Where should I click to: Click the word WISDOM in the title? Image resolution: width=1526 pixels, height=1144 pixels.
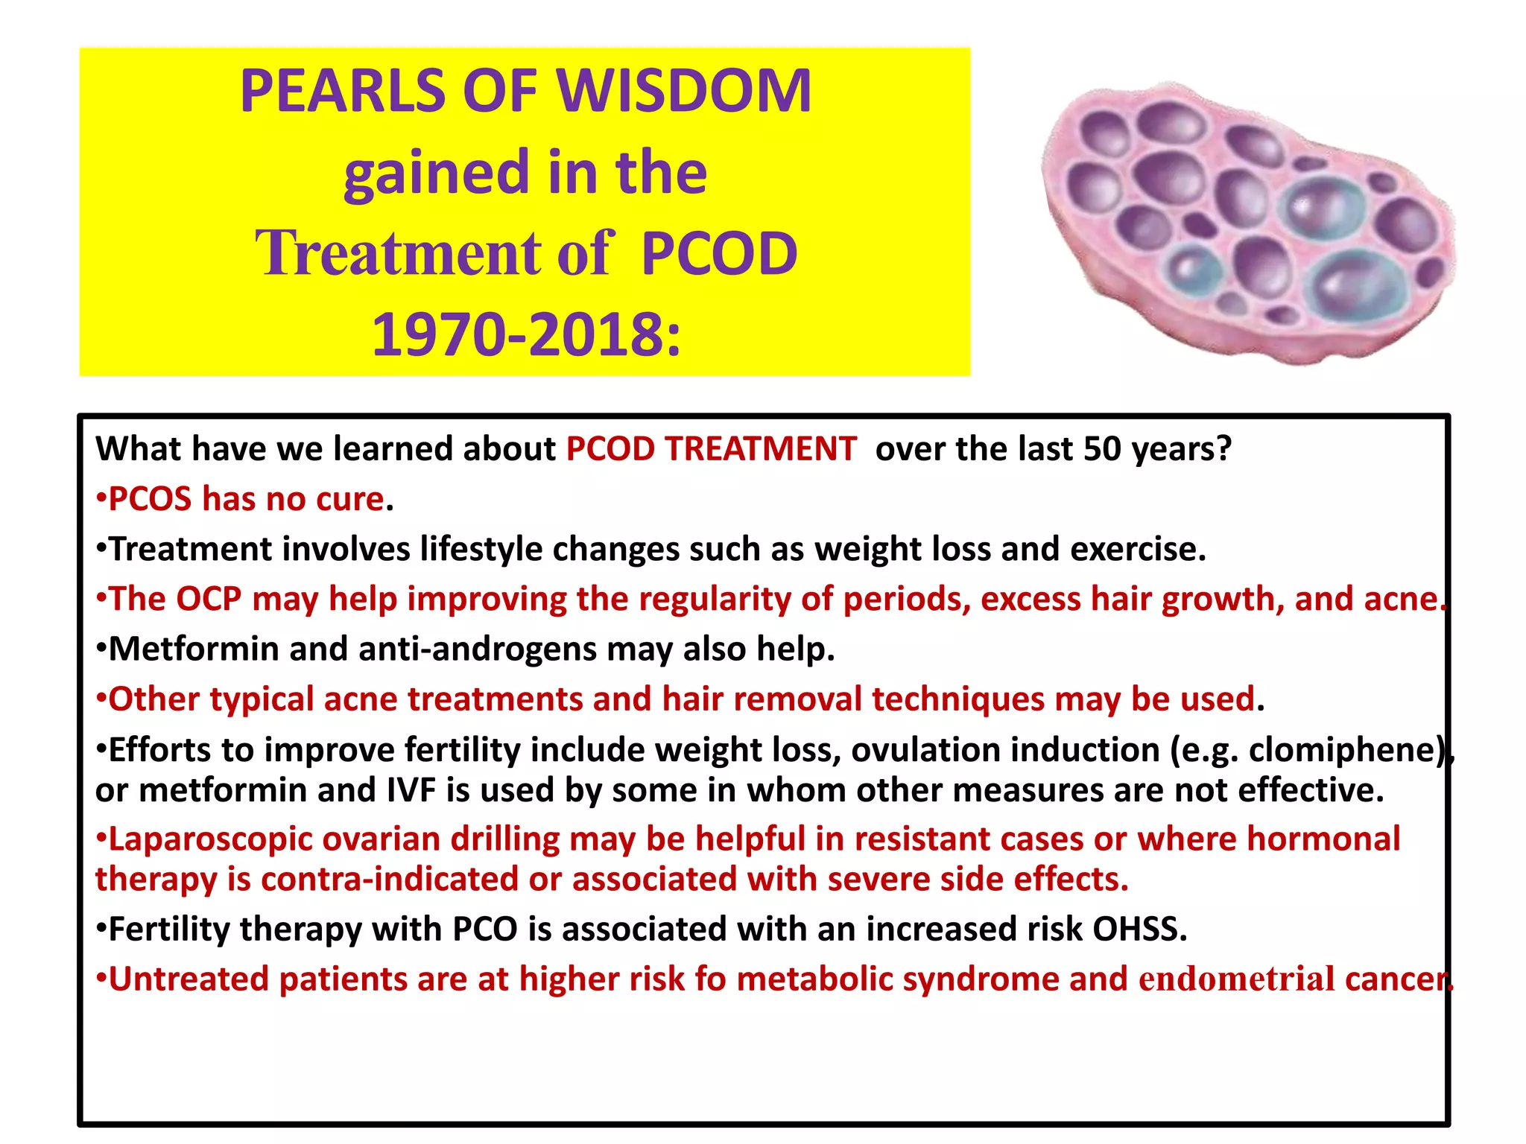684,91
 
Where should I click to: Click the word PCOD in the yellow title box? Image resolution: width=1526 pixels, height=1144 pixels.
719,253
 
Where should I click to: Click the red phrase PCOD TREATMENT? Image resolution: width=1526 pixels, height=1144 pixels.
711,449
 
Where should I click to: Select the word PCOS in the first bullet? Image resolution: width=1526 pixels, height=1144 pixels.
151,499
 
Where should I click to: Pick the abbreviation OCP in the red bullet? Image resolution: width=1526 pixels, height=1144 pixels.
209,600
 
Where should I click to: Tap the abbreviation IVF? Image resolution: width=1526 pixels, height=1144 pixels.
411,790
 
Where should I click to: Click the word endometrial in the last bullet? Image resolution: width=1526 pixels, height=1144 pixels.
1236,979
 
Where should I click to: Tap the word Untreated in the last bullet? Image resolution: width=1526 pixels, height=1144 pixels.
189,979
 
